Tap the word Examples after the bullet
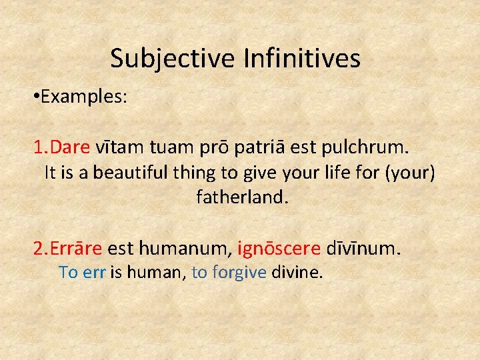click(x=84, y=97)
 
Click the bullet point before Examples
click(x=35, y=97)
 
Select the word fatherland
click(x=242, y=198)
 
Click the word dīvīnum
click(x=364, y=249)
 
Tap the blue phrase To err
click(x=82, y=272)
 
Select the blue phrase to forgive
click(x=229, y=272)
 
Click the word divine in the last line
click(x=297, y=272)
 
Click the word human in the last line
click(x=155, y=272)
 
